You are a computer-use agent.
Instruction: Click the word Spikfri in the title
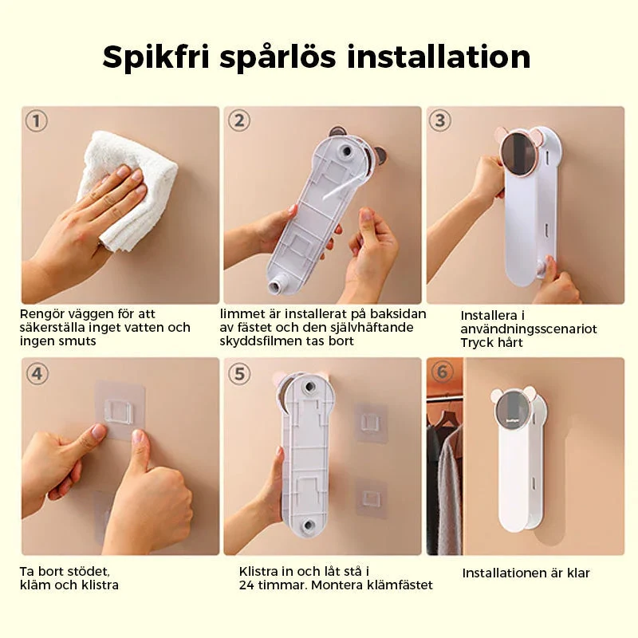click(156, 57)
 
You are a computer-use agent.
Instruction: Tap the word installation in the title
click(439, 56)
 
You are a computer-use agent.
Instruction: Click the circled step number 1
click(36, 121)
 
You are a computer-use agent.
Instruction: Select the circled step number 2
click(238, 121)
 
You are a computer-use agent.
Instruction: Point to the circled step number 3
click(440, 120)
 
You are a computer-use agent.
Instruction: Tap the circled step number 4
click(37, 373)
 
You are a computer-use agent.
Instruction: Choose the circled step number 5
click(239, 373)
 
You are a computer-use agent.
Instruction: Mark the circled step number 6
click(442, 372)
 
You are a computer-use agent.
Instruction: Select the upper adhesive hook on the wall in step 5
click(371, 422)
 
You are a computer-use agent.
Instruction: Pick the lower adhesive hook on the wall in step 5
click(371, 499)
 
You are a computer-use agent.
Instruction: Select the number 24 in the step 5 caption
click(246, 585)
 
